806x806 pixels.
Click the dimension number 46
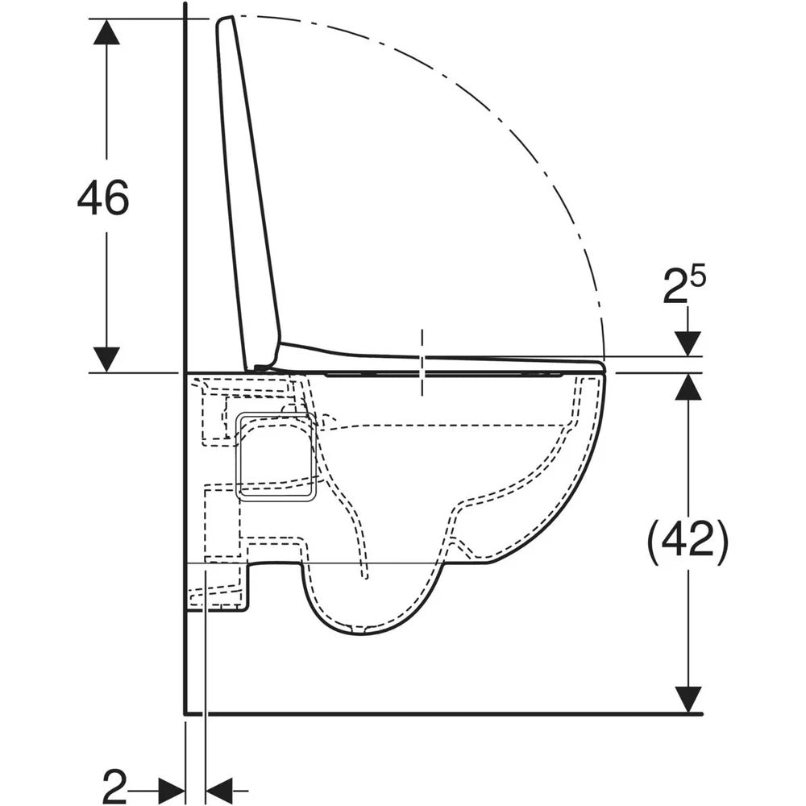coord(103,197)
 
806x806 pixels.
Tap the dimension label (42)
coord(688,539)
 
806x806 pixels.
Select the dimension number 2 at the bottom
coord(114,786)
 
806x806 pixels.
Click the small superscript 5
coord(698,276)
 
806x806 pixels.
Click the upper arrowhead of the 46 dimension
coord(106,32)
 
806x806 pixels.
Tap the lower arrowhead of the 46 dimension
coord(106,359)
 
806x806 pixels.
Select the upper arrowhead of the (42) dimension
coord(688,386)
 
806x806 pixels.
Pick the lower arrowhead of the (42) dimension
coord(688,700)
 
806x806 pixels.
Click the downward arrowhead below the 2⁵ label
coord(688,343)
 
